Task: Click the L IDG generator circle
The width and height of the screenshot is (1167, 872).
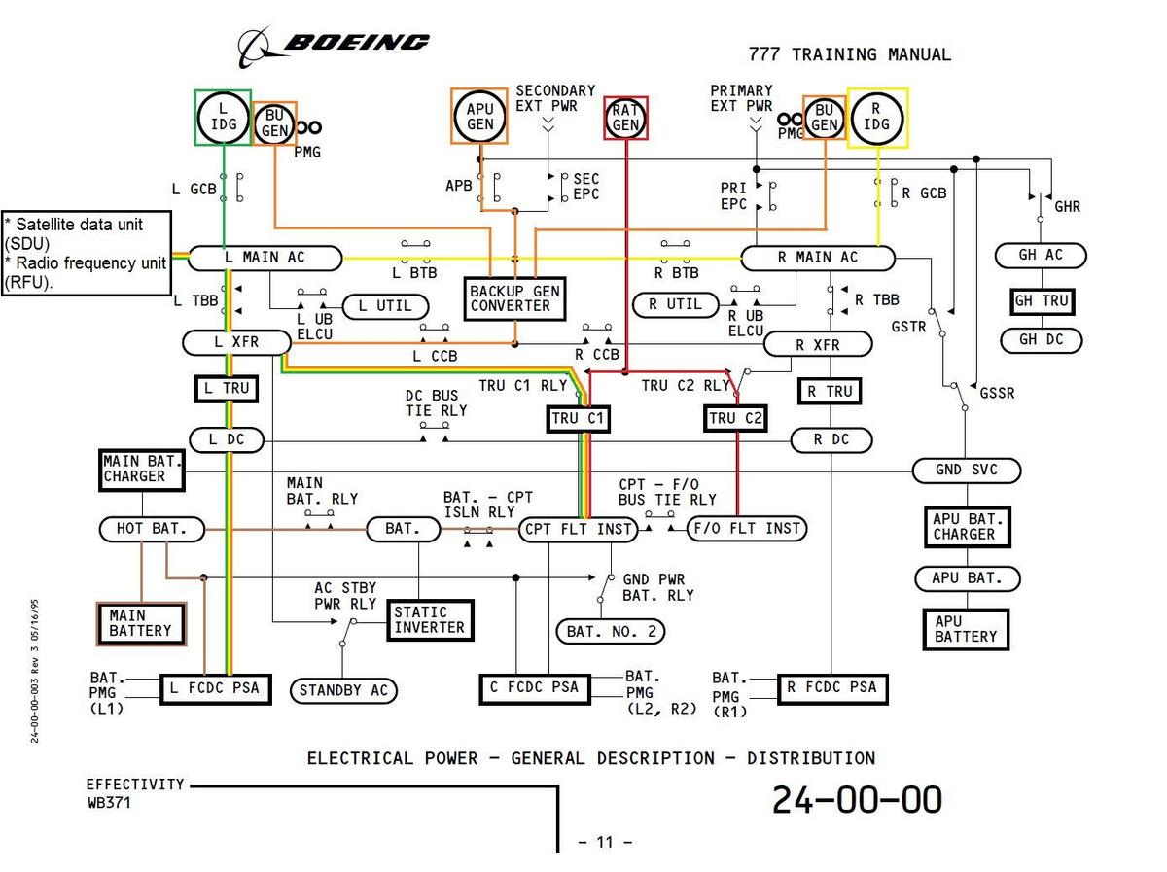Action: click(225, 118)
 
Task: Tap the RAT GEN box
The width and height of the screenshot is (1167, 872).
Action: click(625, 118)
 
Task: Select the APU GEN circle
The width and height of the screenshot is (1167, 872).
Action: click(479, 117)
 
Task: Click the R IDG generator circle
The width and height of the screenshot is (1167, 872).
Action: click(877, 118)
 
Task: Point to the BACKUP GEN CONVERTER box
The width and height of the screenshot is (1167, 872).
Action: click(514, 298)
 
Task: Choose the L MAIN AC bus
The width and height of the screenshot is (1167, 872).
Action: click(265, 258)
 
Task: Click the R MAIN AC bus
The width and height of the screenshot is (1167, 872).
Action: click(817, 258)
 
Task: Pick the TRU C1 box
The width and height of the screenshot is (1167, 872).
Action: click(578, 419)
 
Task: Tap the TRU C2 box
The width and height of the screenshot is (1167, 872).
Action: click(735, 419)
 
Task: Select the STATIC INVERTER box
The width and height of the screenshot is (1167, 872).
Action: click(431, 620)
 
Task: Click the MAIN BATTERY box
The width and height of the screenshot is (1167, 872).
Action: click(140, 623)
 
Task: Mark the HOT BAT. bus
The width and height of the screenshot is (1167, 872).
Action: click(153, 530)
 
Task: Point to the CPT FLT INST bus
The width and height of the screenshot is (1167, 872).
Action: click(578, 530)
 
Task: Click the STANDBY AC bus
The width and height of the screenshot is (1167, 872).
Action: click(343, 691)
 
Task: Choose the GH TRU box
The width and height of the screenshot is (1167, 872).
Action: click(1042, 301)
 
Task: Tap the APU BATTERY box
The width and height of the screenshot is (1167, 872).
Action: click(966, 629)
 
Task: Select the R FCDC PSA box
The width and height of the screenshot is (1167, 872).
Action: click(831, 687)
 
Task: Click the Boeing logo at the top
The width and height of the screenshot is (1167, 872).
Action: click(335, 44)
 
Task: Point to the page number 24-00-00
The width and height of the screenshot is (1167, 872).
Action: click(857, 799)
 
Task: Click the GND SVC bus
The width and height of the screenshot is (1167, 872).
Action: click(967, 471)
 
